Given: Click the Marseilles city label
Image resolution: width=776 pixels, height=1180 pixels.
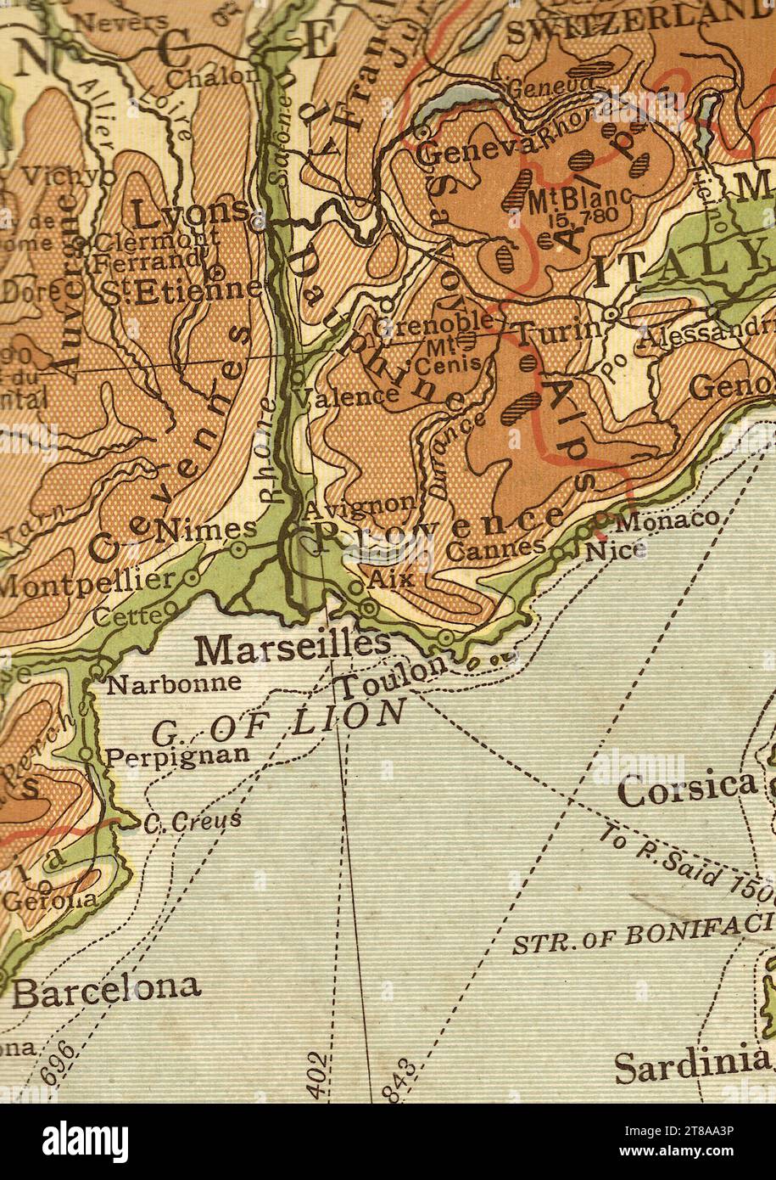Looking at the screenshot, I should point(293,649).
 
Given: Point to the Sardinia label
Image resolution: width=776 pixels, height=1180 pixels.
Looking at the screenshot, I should point(691,1064).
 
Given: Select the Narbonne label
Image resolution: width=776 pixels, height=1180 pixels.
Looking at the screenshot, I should point(175,682).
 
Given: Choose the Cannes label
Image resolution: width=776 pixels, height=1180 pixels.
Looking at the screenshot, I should point(495,549).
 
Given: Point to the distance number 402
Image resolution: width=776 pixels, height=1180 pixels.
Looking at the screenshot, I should point(317,1075).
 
